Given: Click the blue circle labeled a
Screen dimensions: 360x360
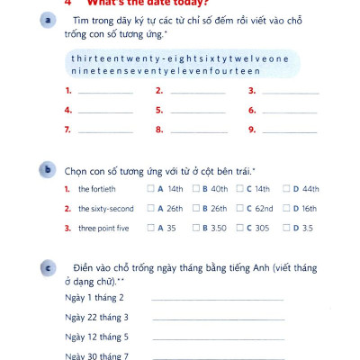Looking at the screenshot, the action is [x=46, y=21].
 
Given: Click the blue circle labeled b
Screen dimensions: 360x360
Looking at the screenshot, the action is [x=46, y=168].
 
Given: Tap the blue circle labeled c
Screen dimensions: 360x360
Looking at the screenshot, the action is [x=46, y=268].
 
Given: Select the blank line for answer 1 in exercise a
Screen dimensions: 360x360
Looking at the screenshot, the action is [x=105, y=93].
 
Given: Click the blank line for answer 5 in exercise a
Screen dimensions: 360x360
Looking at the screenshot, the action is [x=198, y=112].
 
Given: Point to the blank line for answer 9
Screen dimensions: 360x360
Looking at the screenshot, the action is [x=290, y=132].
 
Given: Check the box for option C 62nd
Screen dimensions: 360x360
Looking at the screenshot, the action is [x=239, y=209].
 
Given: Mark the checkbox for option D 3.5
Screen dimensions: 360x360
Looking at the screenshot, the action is [x=285, y=229].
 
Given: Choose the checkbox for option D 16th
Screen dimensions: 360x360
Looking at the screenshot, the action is [x=285, y=209].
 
